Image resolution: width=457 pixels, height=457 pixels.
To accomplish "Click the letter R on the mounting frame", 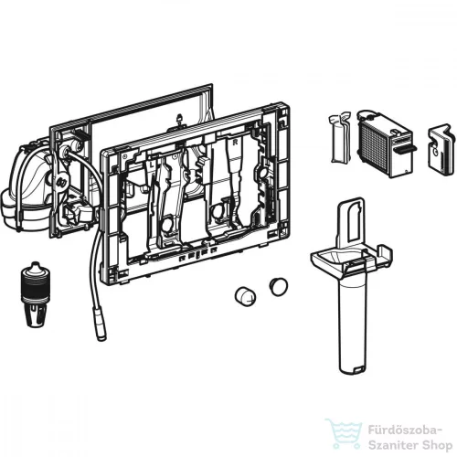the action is tap(235, 143).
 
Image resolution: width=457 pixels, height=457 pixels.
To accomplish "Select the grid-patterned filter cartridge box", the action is tap(384, 143).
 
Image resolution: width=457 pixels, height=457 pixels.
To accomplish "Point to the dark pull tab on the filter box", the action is tap(407, 149).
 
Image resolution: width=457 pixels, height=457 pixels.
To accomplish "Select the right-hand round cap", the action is tap(278, 286).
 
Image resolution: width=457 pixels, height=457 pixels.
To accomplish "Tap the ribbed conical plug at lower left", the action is tap(36, 294).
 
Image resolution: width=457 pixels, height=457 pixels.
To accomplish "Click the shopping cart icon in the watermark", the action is tap(344, 433).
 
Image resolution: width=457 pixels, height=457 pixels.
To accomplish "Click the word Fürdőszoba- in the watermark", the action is tap(405, 431).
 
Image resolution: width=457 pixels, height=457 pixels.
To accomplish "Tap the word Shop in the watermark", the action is tap(436, 446).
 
